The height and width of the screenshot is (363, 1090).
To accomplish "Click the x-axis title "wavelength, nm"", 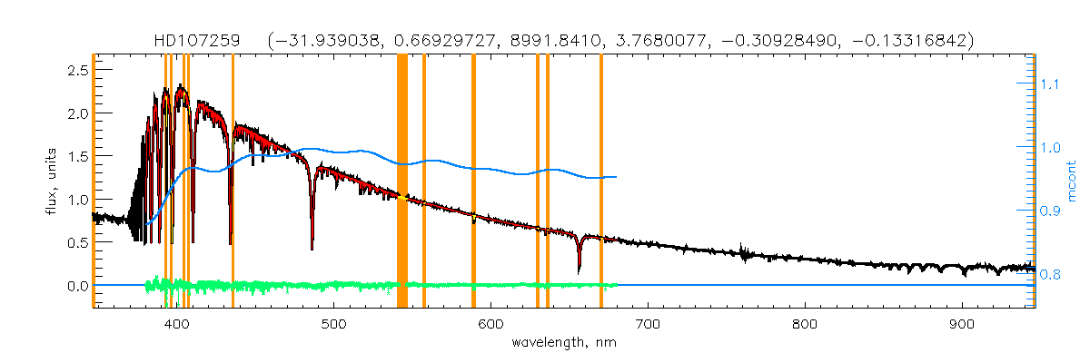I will point(563,343).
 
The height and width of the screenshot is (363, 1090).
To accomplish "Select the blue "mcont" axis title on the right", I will point(1072,181).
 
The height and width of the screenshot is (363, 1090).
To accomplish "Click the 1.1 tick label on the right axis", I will point(1050,84).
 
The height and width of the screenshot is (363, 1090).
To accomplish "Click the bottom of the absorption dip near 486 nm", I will point(312,248).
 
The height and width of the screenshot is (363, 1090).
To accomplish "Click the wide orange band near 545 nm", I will point(402,181).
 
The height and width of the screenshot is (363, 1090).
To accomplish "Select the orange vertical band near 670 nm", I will point(601,181).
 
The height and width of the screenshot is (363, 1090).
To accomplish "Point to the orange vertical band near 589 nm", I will point(473,181).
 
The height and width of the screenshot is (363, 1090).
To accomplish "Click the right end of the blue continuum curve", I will point(617,177).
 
